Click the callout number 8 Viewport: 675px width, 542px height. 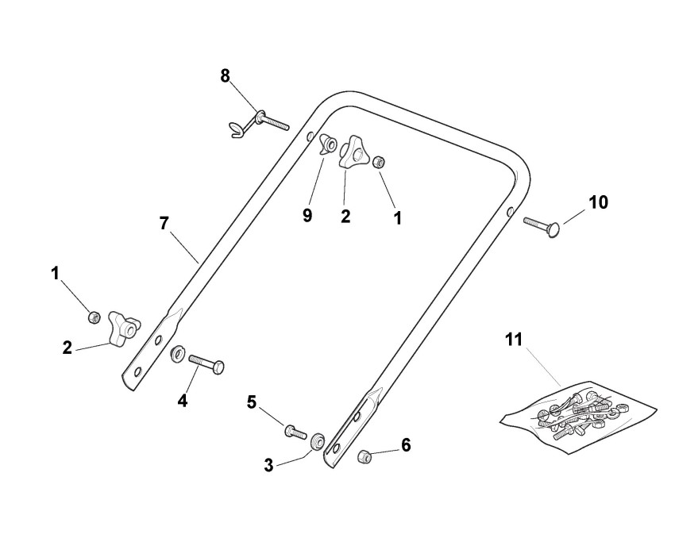tap(226, 75)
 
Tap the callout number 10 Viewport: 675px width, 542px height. tap(598, 202)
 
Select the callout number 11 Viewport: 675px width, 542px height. tap(514, 340)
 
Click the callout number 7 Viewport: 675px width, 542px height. tap(164, 223)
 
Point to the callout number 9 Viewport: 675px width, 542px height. tap(307, 215)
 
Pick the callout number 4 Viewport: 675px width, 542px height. tap(183, 401)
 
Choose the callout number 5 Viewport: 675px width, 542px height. tap(252, 402)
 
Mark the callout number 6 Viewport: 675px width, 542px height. tap(406, 445)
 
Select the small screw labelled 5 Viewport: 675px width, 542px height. tap(295, 432)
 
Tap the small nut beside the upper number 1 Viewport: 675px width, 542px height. tap(380, 163)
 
